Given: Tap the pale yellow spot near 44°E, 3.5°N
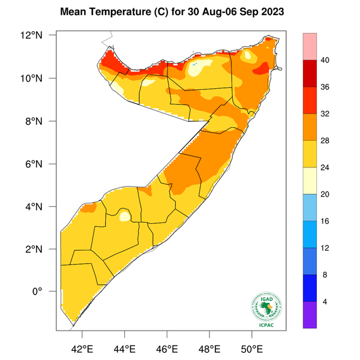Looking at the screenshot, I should coord(124,215).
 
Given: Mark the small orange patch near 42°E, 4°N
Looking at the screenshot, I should coord(88,208).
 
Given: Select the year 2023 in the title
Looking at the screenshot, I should coord(266,11).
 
